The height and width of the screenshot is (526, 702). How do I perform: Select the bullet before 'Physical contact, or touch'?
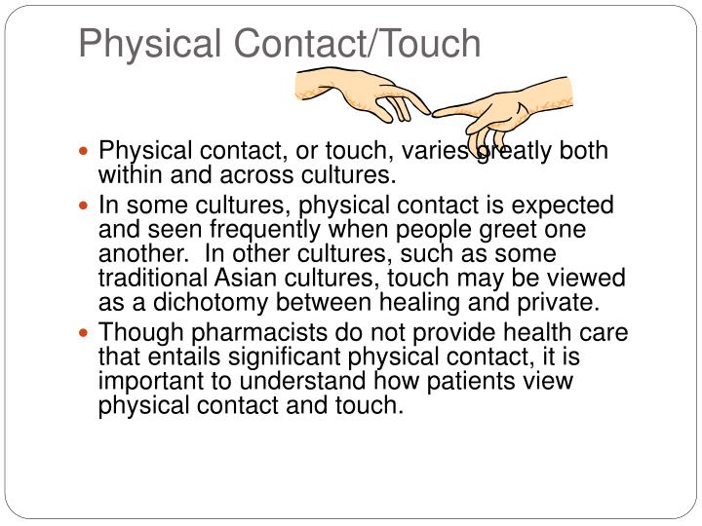pyautogui.click(x=90, y=152)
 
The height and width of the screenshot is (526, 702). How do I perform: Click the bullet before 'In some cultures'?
pyautogui.click(x=90, y=206)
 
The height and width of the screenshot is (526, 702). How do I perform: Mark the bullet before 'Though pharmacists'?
pyautogui.click(x=90, y=332)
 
